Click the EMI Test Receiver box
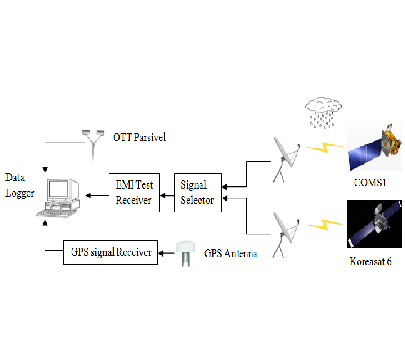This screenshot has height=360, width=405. pyautogui.click(x=134, y=193)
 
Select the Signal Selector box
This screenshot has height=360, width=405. pyautogui.click(x=198, y=193)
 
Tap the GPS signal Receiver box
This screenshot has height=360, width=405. pyautogui.click(x=111, y=252)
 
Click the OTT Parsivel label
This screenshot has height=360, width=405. pyautogui.click(x=139, y=137)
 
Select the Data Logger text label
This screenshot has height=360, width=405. pyautogui.click(x=19, y=186)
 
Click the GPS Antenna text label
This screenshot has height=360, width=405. pyautogui.click(x=230, y=254)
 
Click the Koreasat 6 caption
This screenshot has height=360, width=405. pyautogui.click(x=370, y=261)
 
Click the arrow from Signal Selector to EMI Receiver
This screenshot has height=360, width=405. pyautogui.click(x=168, y=195)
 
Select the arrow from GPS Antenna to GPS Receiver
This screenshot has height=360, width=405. pyautogui.click(x=168, y=253)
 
